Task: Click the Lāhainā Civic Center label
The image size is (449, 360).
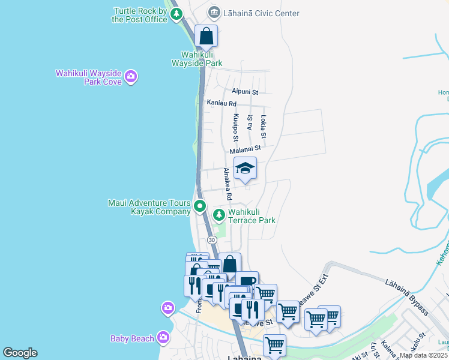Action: click(x=262, y=13)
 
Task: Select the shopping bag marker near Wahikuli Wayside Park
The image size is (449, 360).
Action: click(x=206, y=36)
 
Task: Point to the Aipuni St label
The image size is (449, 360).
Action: click(x=244, y=92)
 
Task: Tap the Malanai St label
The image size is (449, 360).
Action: click(x=246, y=148)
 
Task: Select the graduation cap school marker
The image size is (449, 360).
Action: click(x=245, y=169)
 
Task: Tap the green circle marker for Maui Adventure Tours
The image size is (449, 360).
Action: click(x=200, y=208)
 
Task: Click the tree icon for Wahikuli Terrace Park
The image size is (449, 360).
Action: click(x=219, y=214)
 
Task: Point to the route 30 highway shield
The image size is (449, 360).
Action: click(x=212, y=240)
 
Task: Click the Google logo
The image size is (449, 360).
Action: click(x=20, y=353)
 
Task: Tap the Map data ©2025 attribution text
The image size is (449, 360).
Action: click(x=424, y=355)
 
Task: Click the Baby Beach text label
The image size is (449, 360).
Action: click(x=132, y=338)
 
